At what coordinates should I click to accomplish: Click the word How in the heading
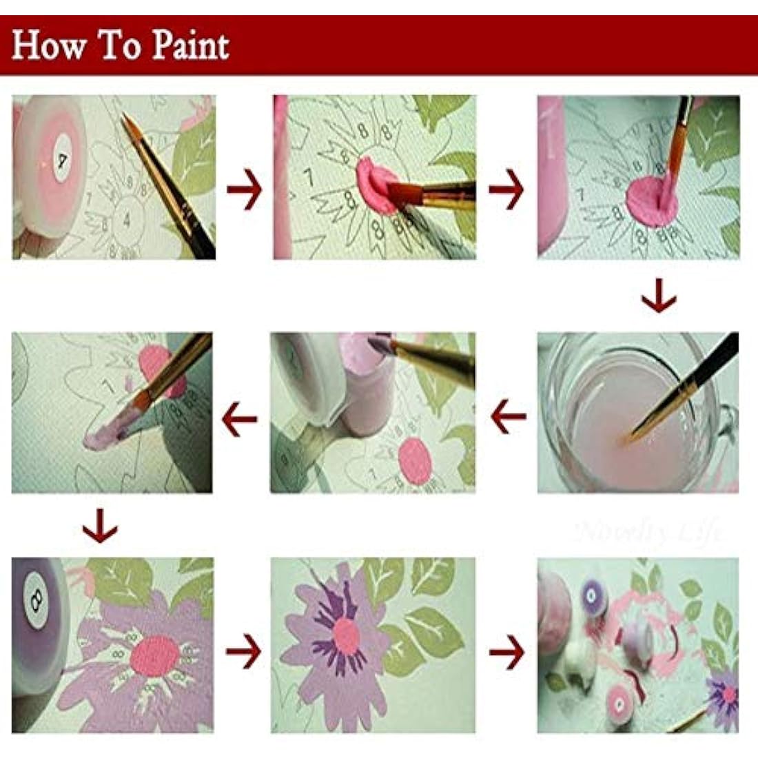[50, 46]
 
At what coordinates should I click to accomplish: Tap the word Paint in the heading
[190, 46]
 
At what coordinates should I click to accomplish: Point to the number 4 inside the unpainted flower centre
[126, 221]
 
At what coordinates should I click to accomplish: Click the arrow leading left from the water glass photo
[508, 418]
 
